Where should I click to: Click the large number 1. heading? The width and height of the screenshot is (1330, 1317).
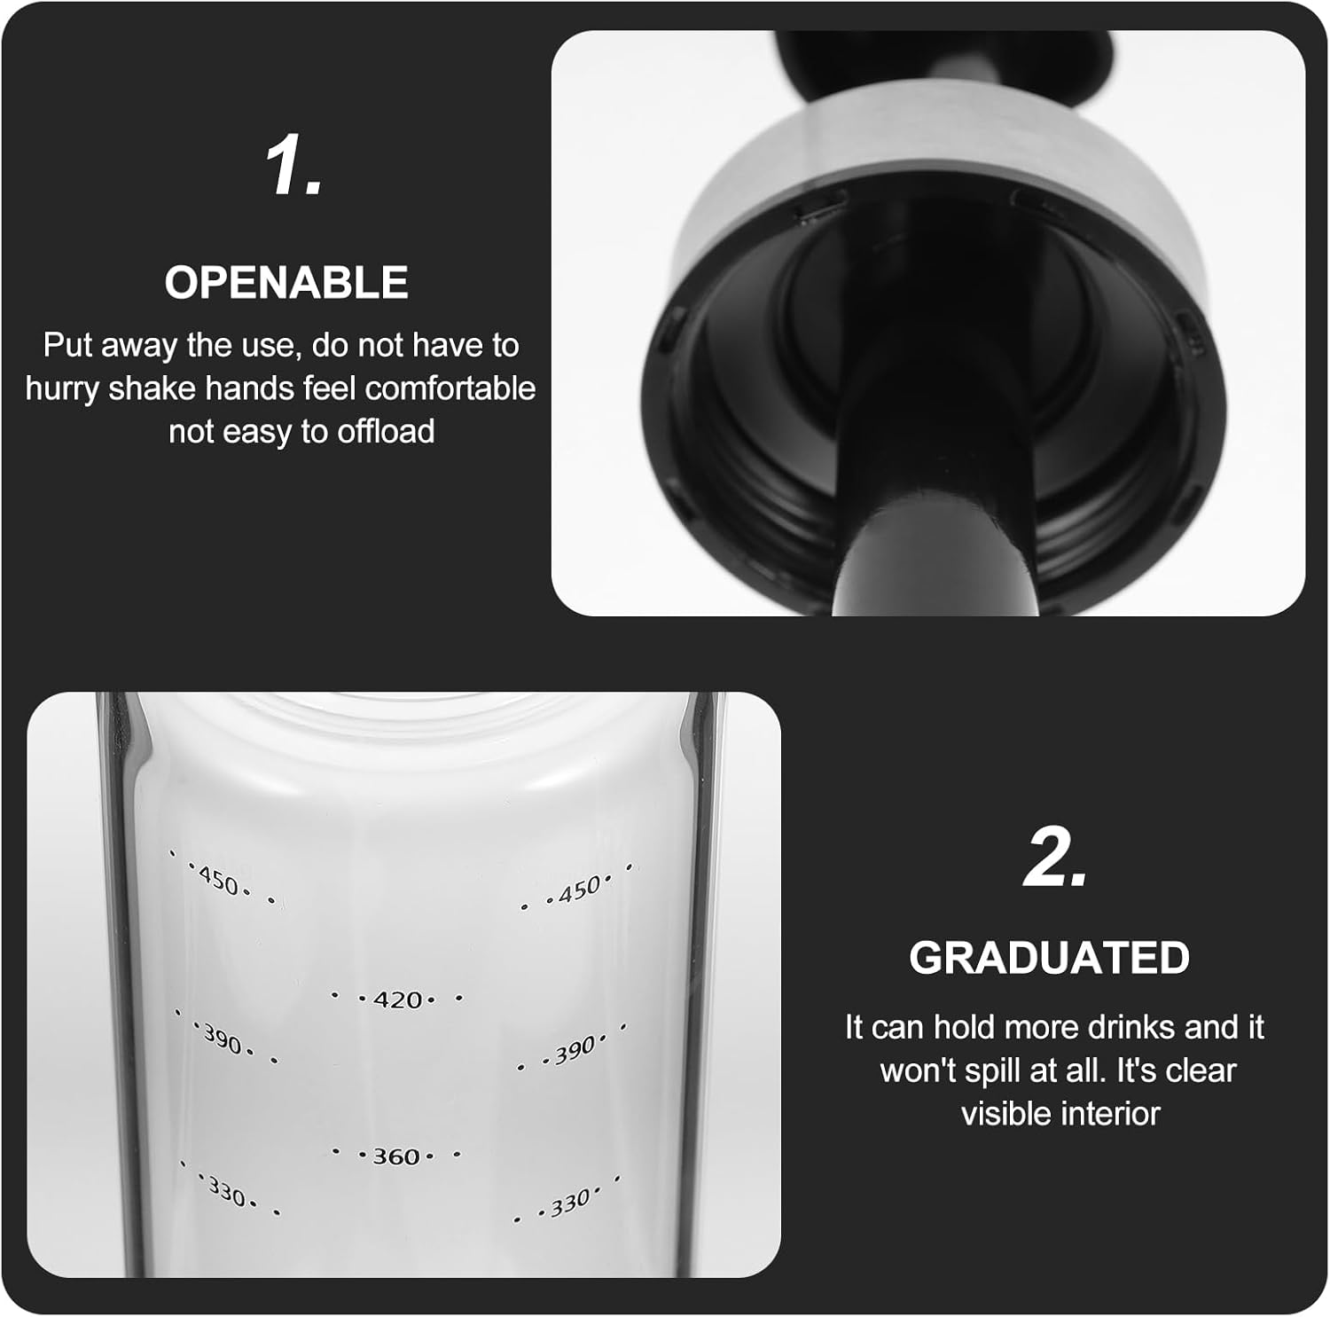pyautogui.click(x=294, y=167)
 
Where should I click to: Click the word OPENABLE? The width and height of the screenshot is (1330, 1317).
pyautogui.click(x=286, y=283)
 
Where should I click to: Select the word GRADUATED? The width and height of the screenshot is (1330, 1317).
pyautogui.click(x=1049, y=958)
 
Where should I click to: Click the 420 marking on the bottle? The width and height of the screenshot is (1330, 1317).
pyautogui.click(x=397, y=1000)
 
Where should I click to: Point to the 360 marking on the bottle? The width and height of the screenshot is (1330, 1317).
pyautogui.click(x=396, y=1156)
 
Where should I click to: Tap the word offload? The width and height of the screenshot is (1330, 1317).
pyautogui.click(x=386, y=432)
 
